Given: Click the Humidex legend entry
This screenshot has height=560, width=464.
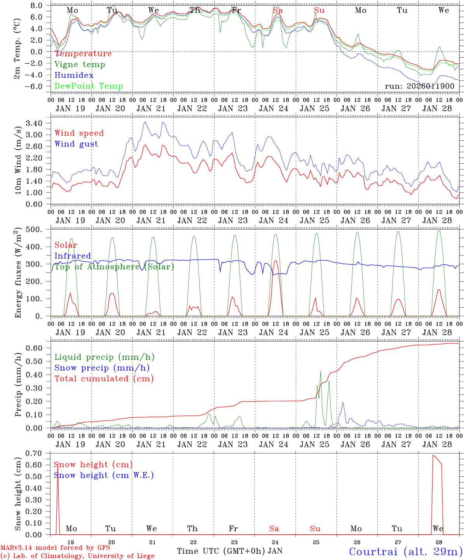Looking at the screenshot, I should click(74, 75).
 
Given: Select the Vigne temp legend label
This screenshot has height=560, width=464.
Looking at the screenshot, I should click(80, 65).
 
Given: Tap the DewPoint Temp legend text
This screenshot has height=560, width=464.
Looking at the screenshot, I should click(89, 86).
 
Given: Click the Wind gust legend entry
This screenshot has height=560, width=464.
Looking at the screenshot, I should click(76, 144).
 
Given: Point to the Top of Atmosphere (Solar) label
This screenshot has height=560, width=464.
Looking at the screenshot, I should click(114, 267).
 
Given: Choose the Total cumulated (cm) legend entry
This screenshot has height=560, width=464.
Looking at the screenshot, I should click(104, 378).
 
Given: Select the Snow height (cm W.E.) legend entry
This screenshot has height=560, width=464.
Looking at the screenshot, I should click(103, 475).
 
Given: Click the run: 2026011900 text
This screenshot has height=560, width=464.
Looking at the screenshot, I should click(419, 86).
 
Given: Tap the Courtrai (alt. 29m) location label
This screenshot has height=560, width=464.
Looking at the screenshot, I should click(406, 551).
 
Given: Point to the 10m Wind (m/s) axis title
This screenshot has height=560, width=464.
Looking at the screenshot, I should click(18, 159).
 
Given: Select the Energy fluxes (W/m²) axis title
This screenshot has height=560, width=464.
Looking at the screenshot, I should click(18, 273).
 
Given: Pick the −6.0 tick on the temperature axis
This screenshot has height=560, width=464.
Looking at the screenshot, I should click(34, 86).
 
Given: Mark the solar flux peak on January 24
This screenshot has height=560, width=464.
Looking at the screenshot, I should click(276, 261).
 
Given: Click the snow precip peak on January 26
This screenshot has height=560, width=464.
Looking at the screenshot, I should click(343, 402).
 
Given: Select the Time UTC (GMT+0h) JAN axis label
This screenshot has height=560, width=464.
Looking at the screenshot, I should click(229, 551).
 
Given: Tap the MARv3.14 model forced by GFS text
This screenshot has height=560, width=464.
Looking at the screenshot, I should click(55, 548).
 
